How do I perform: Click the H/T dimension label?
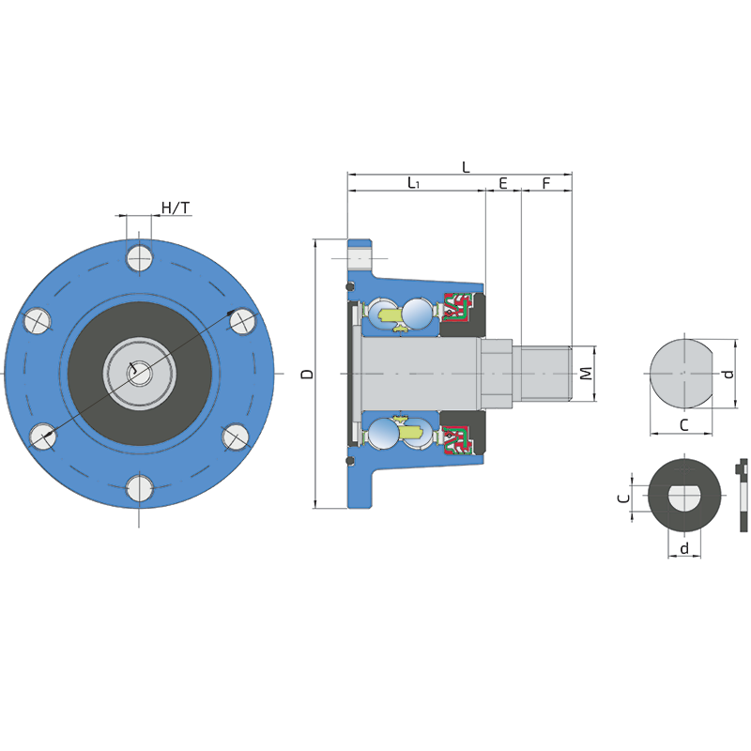(176, 207)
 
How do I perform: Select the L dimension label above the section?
(466, 167)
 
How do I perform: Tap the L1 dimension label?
(413, 182)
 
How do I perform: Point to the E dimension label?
(503, 183)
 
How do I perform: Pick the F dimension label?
(546, 183)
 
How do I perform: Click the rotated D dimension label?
(307, 374)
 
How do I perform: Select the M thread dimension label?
(586, 373)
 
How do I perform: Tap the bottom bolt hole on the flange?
(139, 488)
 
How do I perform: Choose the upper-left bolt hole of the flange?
(38, 320)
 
